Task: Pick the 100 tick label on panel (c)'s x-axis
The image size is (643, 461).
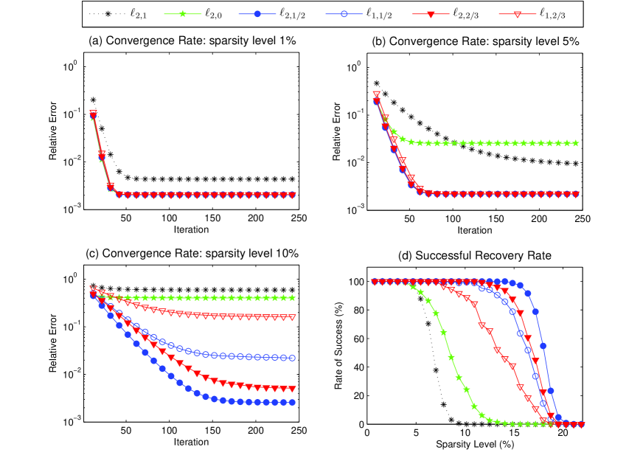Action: click(x=170, y=431)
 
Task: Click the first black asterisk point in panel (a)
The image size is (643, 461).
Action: click(x=93, y=100)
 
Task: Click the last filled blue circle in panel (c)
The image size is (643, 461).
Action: click(x=293, y=403)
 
